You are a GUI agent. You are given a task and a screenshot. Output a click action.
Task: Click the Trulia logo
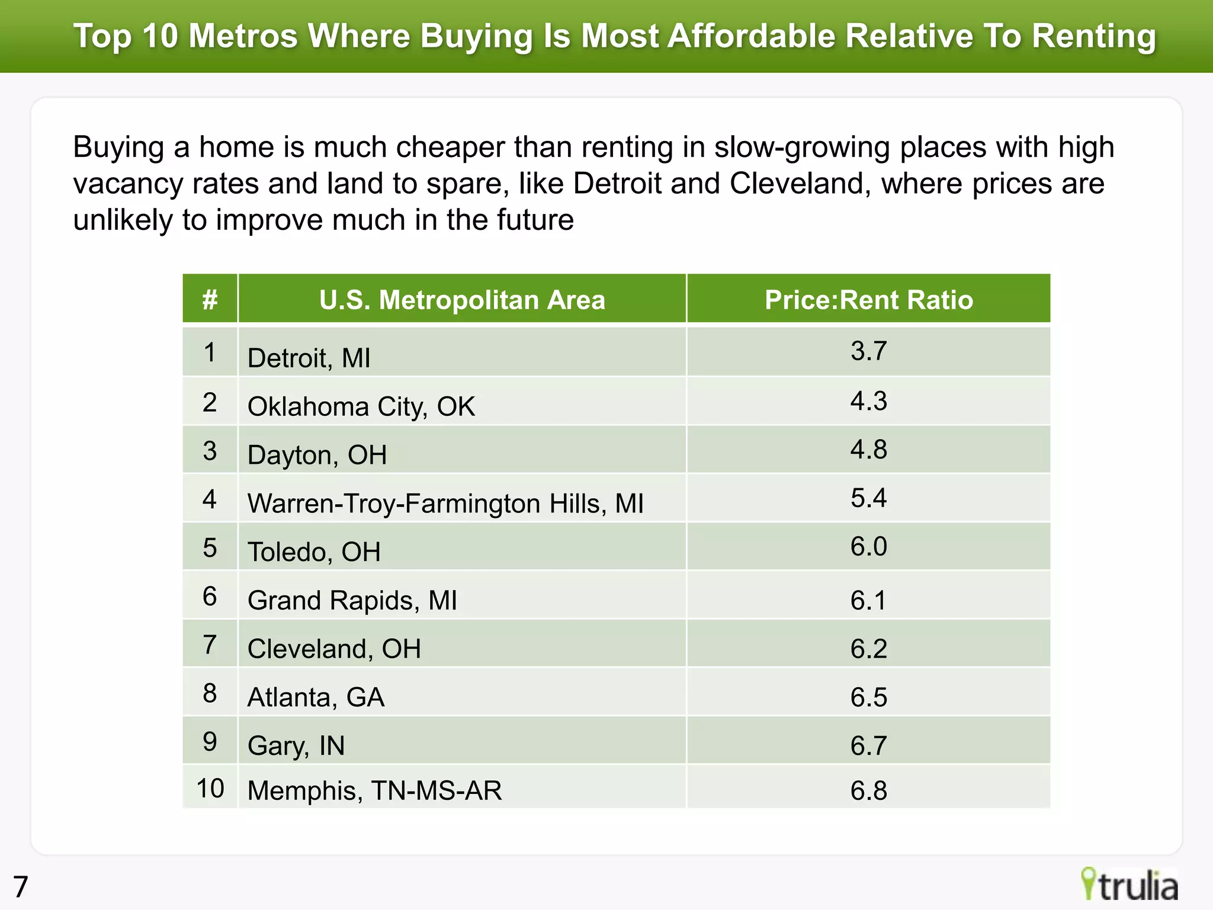coord(1129,885)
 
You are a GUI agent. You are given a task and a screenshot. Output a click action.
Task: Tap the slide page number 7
coord(21,887)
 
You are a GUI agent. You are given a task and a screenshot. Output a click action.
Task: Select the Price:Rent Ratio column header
coord(868,300)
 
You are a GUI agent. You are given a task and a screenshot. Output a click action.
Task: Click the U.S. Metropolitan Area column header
coord(462,300)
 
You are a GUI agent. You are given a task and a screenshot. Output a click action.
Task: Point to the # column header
coord(210,300)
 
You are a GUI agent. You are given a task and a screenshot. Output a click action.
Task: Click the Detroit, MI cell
coord(309,358)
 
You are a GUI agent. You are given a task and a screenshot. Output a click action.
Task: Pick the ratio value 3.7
coord(868,351)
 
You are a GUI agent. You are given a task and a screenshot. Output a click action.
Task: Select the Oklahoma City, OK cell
coord(361,406)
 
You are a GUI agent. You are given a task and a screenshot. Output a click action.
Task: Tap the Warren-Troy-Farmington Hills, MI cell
coord(445,504)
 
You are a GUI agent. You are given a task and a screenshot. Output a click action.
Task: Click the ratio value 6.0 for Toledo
coord(868,546)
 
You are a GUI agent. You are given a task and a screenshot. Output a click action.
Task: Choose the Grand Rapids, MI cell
coord(352,600)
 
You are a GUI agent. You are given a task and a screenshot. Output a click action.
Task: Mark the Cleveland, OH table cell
coord(333,649)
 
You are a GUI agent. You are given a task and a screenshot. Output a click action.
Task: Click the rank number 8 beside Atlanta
coord(210,693)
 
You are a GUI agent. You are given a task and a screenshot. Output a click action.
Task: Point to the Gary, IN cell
coord(296,745)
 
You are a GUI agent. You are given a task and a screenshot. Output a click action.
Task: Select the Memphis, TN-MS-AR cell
coord(374,790)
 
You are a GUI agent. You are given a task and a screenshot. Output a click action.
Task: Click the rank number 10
coord(210,789)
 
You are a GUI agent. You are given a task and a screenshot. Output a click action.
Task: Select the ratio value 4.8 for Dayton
coord(868,450)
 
